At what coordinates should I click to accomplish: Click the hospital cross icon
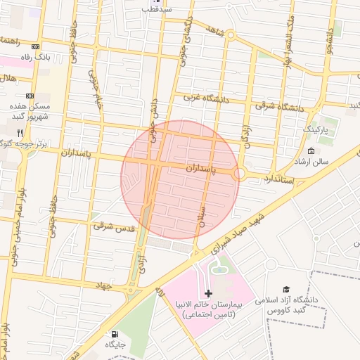pyautogui.click(x=208, y=292)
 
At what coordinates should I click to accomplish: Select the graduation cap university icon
pyautogui.click(x=286, y=289)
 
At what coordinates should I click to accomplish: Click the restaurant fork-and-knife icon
pyautogui.click(x=20, y=132)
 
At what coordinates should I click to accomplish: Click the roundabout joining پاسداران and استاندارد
pyautogui.click(x=239, y=173)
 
